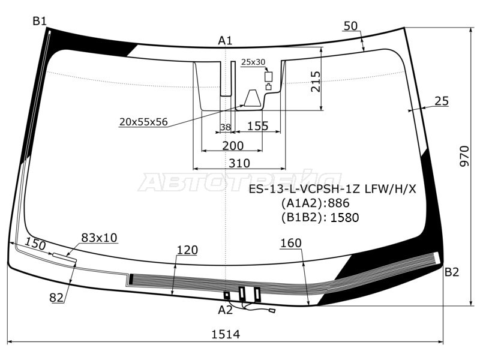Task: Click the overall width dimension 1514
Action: tap(226, 334)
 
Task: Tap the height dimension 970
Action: tap(464, 156)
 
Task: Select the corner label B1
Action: tap(40, 22)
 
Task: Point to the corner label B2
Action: tap(452, 272)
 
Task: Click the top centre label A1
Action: tap(226, 40)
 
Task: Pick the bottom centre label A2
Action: tap(226, 310)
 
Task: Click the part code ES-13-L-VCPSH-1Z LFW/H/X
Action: tap(332, 189)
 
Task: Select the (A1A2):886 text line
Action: tap(316, 203)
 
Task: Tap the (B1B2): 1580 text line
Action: tap(320, 217)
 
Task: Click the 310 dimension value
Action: tap(239, 163)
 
